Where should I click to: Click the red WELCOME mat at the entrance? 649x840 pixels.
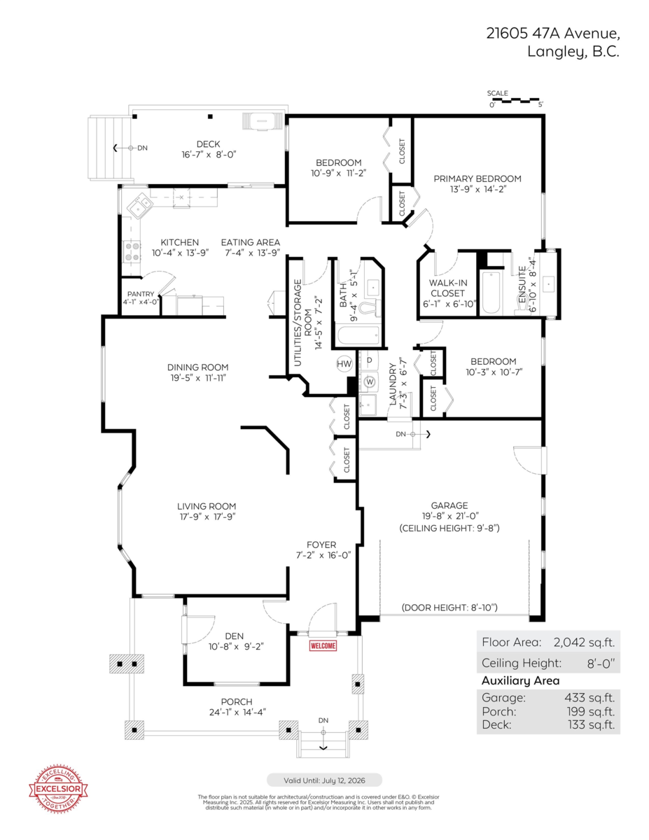[x=323, y=646]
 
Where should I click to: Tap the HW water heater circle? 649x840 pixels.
[x=344, y=364]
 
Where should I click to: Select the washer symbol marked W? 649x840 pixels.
[x=370, y=382]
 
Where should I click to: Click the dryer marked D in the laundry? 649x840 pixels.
[x=369, y=360]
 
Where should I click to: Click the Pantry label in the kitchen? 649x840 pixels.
[x=139, y=294]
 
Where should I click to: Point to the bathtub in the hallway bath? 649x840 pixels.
[x=357, y=336]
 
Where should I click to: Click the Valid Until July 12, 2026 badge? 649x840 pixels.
[x=324, y=780]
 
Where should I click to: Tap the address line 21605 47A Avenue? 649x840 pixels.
[x=553, y=33]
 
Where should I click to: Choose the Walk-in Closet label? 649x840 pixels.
[x=447, y=288]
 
